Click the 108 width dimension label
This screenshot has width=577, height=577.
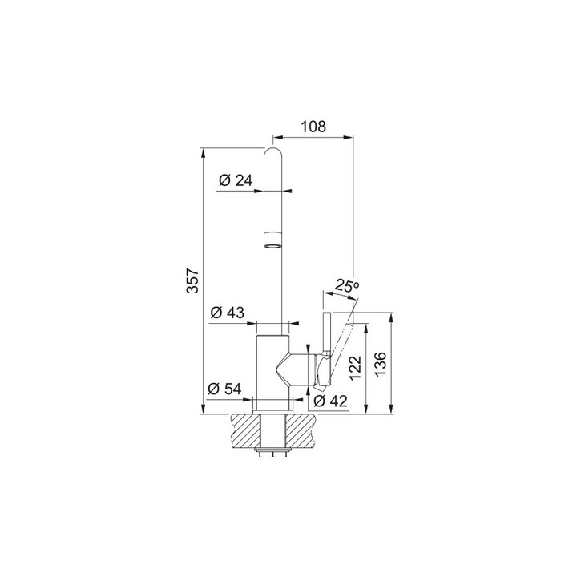pos(313,127)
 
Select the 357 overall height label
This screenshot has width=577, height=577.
pos(192,281)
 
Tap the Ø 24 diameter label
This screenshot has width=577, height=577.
pos(236,180)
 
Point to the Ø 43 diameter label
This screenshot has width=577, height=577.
pos(228,313)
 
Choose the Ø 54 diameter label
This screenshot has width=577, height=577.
pos(224,389)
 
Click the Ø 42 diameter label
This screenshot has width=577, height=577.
pos(330,401)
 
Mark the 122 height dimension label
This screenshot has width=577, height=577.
pos(356,368)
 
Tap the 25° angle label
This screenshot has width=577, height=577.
pos(347,285)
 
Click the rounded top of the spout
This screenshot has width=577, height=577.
pos(274,154)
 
